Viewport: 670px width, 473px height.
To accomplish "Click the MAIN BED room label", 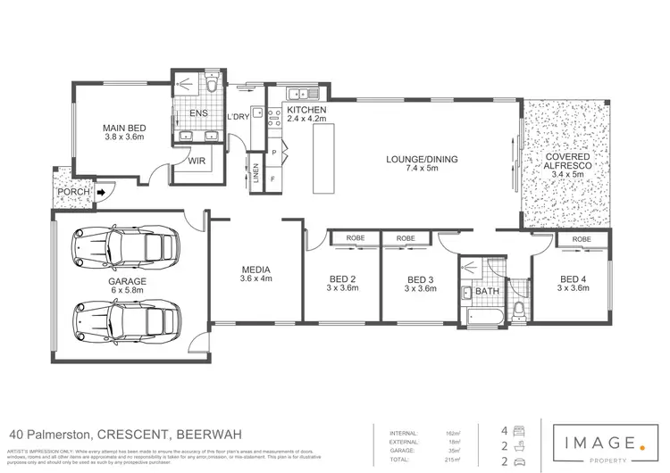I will [x=124, y=129].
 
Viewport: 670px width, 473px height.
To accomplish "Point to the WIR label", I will [x=197, y=161].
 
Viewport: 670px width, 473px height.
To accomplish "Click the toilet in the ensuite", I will [x=212, y=86].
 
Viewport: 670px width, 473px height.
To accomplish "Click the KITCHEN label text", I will [x=306, y=110].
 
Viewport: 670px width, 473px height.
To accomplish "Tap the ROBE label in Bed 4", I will [x=581, y=240].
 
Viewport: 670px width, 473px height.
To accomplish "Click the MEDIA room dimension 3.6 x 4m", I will [x=255, y=278].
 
